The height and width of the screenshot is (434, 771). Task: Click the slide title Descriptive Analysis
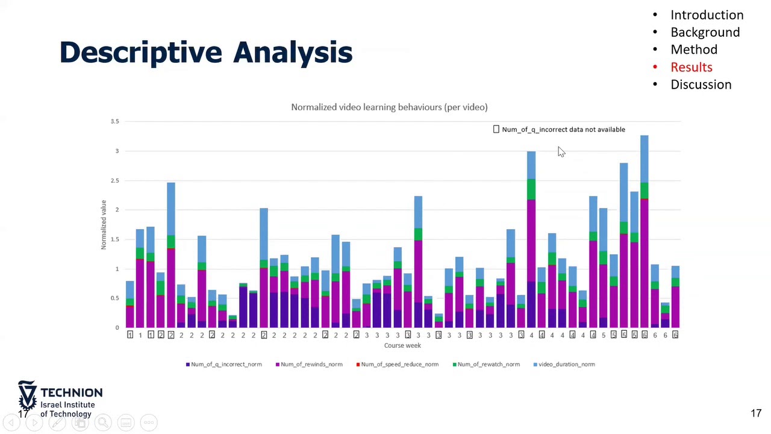tap(205, 52)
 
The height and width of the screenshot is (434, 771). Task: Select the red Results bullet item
tap(691, 67)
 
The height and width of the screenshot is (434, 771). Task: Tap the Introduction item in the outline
tap(707, 15)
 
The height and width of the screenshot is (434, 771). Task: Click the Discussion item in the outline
tap(701, 84)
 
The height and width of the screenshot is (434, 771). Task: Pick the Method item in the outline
tap(694, 49)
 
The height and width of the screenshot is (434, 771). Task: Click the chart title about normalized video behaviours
tap(389, 107)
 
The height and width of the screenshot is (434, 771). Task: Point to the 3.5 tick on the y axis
tap(114, 122)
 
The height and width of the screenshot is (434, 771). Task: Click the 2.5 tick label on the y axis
tap(114, 181)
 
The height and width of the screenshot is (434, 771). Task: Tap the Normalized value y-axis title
tap(104, 225)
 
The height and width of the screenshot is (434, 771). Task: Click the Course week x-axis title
tap(402, 345)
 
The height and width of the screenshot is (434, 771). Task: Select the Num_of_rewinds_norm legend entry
tap(308, 364)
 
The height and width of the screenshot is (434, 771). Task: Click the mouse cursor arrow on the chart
tap(561, 152)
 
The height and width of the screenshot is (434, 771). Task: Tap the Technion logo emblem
tap(27, 395)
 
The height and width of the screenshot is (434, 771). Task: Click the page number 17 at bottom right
tap(756, 414)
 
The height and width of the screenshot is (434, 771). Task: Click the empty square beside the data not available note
tap(496, 129)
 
